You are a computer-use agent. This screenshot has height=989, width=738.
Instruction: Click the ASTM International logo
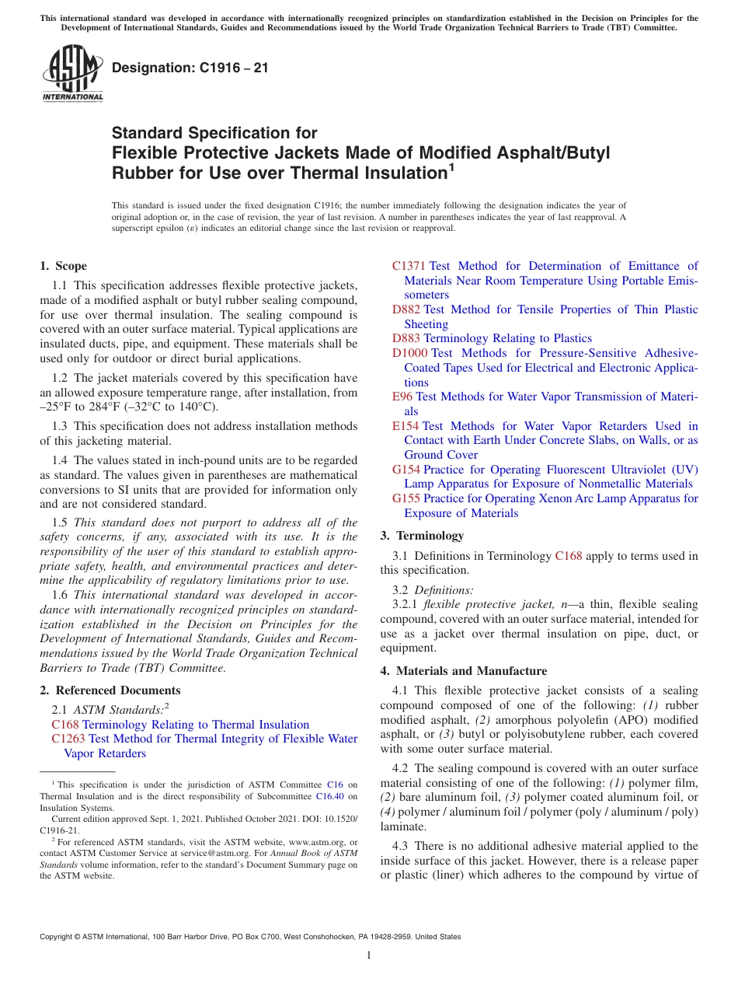coord(72,75)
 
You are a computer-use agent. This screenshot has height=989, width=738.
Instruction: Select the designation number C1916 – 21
coord(190,68)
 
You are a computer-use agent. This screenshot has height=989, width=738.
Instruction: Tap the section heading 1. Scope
coord(64,266)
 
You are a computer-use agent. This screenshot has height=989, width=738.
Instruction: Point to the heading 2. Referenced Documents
coord(110,690)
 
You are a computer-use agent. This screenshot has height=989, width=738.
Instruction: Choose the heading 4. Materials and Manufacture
coord(464,671)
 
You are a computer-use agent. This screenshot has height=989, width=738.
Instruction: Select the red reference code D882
coord(406,309)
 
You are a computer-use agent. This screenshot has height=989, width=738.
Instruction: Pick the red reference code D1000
coord(409,353)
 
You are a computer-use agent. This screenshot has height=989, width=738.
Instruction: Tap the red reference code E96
coord(402,397)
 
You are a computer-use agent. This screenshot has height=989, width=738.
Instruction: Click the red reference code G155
coord(406,498)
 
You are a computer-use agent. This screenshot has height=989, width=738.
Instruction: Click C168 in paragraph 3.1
coord(567,556)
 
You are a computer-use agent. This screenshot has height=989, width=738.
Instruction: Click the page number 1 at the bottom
coord(369,956)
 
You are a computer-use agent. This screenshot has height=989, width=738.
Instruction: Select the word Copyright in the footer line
coord(58,938)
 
